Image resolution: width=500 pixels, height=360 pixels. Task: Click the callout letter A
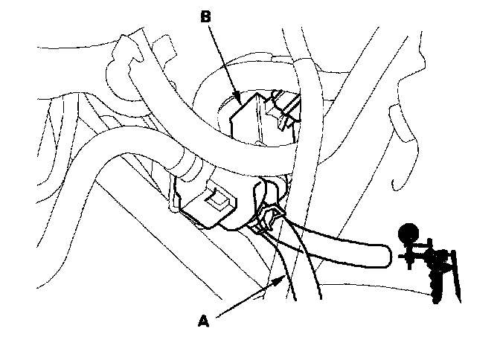tap(202, 321)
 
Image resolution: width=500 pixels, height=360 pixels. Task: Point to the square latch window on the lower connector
tap(220, 199)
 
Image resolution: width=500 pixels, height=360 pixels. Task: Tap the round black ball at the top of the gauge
tap(407, 234)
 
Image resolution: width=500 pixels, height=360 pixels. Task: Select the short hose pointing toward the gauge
tap(342, 245)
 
